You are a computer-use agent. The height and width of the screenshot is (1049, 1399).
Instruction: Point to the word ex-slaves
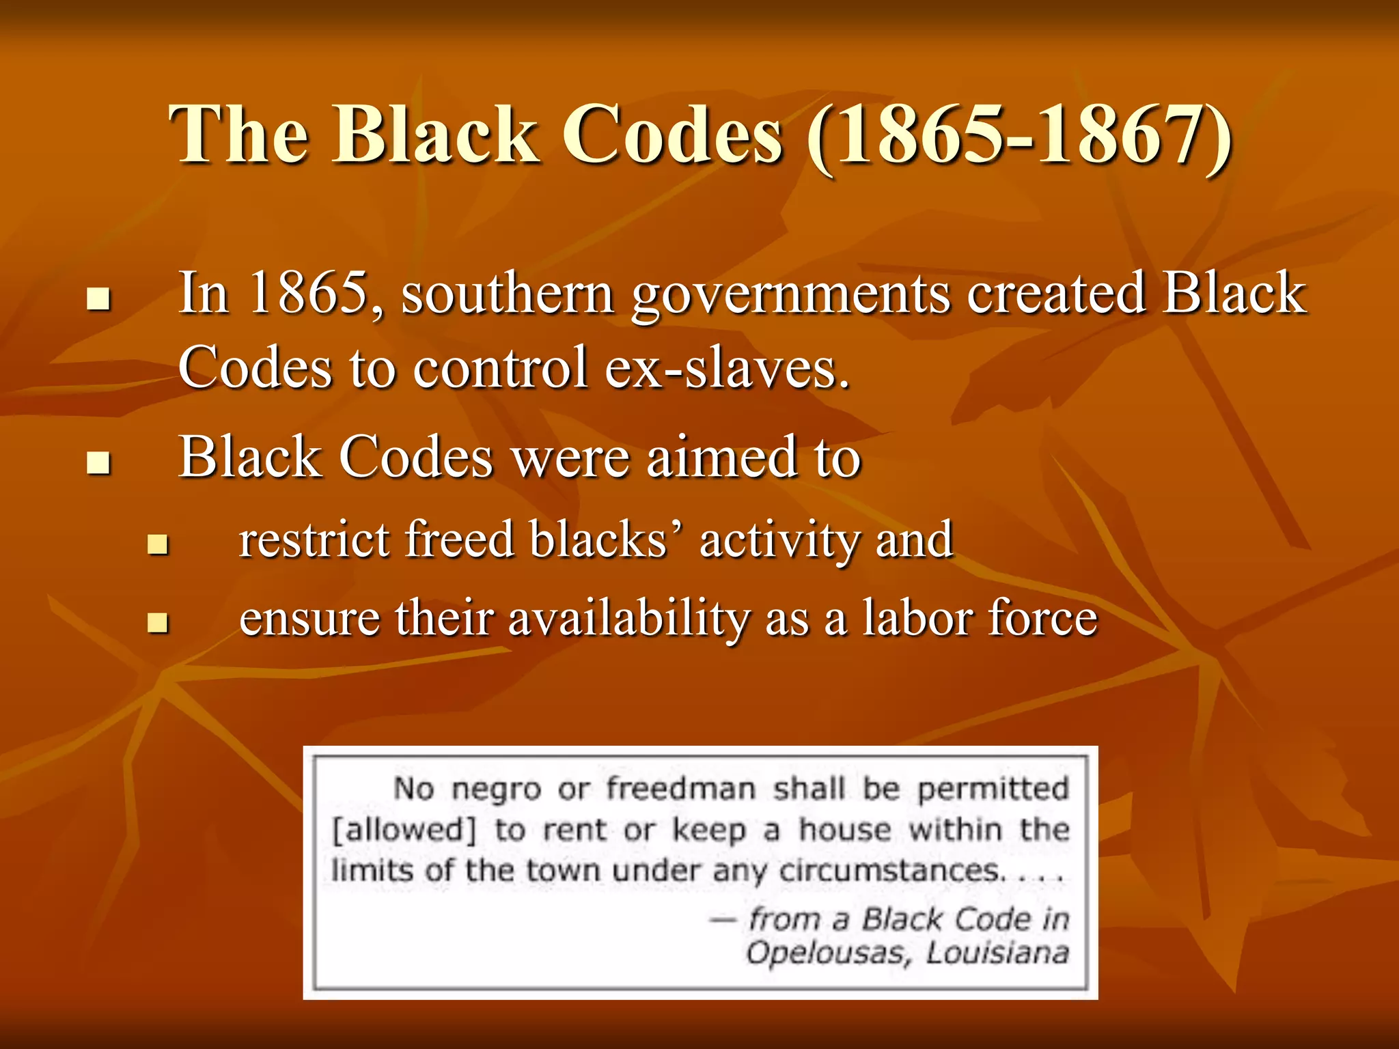coord(727,367)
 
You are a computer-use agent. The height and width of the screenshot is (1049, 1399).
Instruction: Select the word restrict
coord(314,540)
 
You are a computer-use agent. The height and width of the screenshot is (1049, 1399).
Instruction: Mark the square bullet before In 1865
coord(99,298)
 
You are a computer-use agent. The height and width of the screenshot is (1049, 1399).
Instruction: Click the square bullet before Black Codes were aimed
coord(99,462)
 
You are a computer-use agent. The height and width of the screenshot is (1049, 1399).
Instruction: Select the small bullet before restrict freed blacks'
coord(158,544)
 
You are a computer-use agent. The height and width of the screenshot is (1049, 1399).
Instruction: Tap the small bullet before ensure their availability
coord(158,622)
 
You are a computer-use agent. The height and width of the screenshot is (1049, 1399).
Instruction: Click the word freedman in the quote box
coord(681,789)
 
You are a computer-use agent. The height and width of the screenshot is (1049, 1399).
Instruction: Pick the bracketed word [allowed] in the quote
coord(404,830)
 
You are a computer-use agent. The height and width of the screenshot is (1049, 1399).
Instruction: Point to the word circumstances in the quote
coord(891,871)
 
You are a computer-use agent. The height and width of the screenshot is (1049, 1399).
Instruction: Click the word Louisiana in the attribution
coord(997,953)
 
